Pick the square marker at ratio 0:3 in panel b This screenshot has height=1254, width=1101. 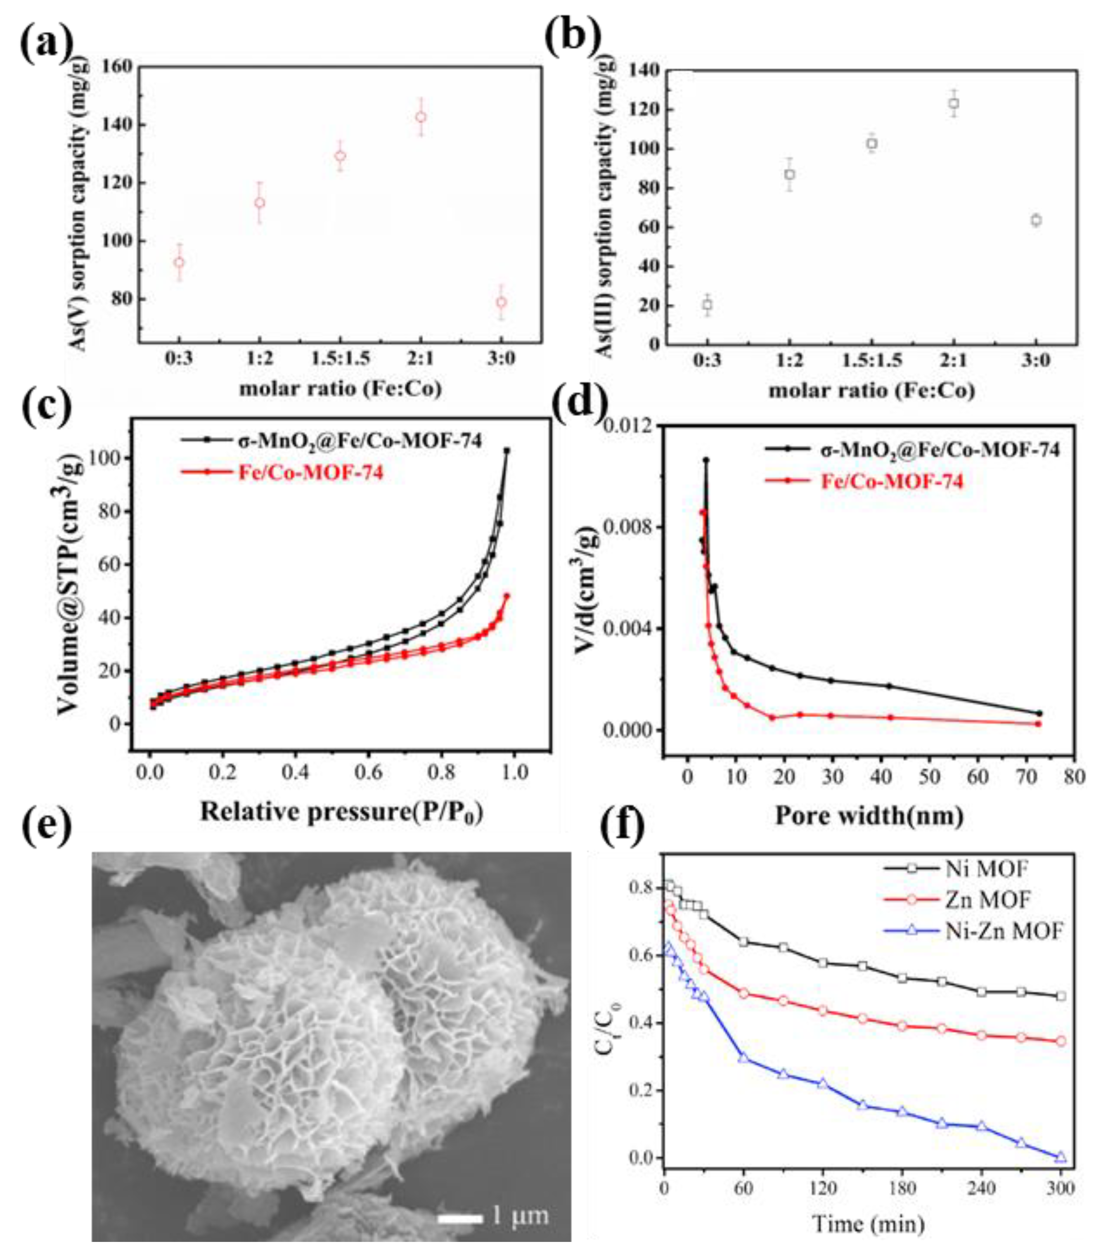[707, 304]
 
